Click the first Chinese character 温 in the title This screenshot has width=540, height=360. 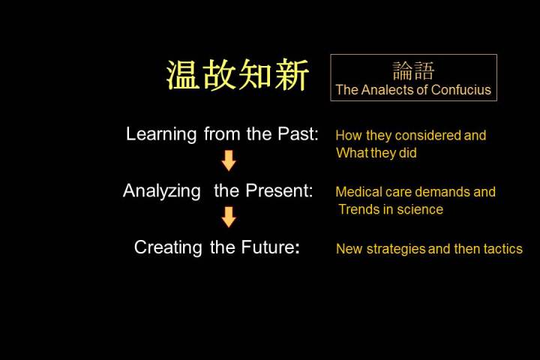pos(183,75)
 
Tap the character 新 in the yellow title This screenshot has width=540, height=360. pos(292,75)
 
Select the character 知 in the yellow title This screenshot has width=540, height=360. pos(255,75)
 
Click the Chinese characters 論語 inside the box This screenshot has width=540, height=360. pos(413,71)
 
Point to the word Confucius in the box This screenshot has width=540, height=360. pos(460,90)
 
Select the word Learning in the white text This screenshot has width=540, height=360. pos(161,134)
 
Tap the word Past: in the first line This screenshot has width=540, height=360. pos(298,133)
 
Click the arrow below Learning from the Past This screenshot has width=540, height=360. pos(228,160)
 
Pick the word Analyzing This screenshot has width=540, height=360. pos(161,190)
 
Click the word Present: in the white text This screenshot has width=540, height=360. pos(279,190)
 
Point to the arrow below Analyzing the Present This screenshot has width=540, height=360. pos(228,217)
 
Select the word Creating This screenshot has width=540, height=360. pos(168,247)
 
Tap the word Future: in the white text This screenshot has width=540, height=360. pos(270,247)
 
